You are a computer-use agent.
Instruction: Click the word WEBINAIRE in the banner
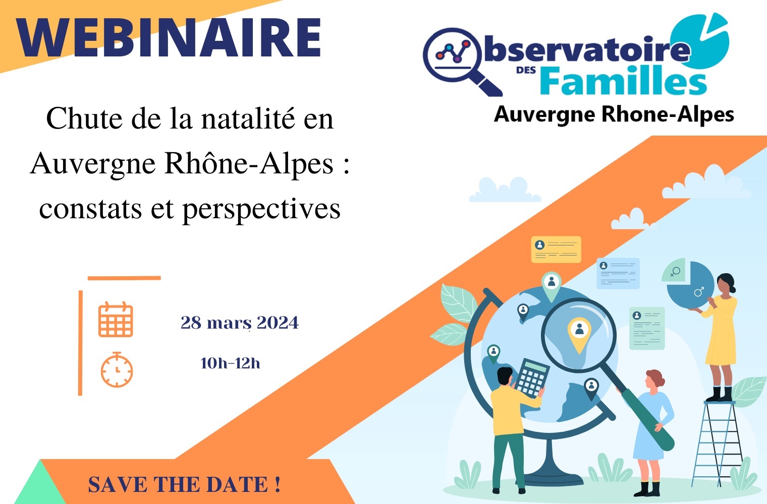pos(169,37)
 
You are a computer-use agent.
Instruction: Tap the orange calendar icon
pos(116,320)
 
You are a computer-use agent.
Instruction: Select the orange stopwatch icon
pos(117,369)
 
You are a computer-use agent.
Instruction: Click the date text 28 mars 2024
pos(239,323)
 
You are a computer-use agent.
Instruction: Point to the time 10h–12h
pos(230,363)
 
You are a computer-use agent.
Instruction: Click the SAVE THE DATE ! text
pos(184,484)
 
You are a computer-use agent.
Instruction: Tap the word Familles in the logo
pos(624,81)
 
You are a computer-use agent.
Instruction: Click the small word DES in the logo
pos(526,70)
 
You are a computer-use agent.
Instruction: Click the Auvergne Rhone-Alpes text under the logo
pos(614,114)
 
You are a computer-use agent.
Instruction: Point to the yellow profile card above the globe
pos(556,249)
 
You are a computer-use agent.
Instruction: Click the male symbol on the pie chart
pos(699,292)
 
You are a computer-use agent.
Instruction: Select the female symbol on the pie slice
pos(675,272)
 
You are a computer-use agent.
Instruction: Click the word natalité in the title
pos(248,118)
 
